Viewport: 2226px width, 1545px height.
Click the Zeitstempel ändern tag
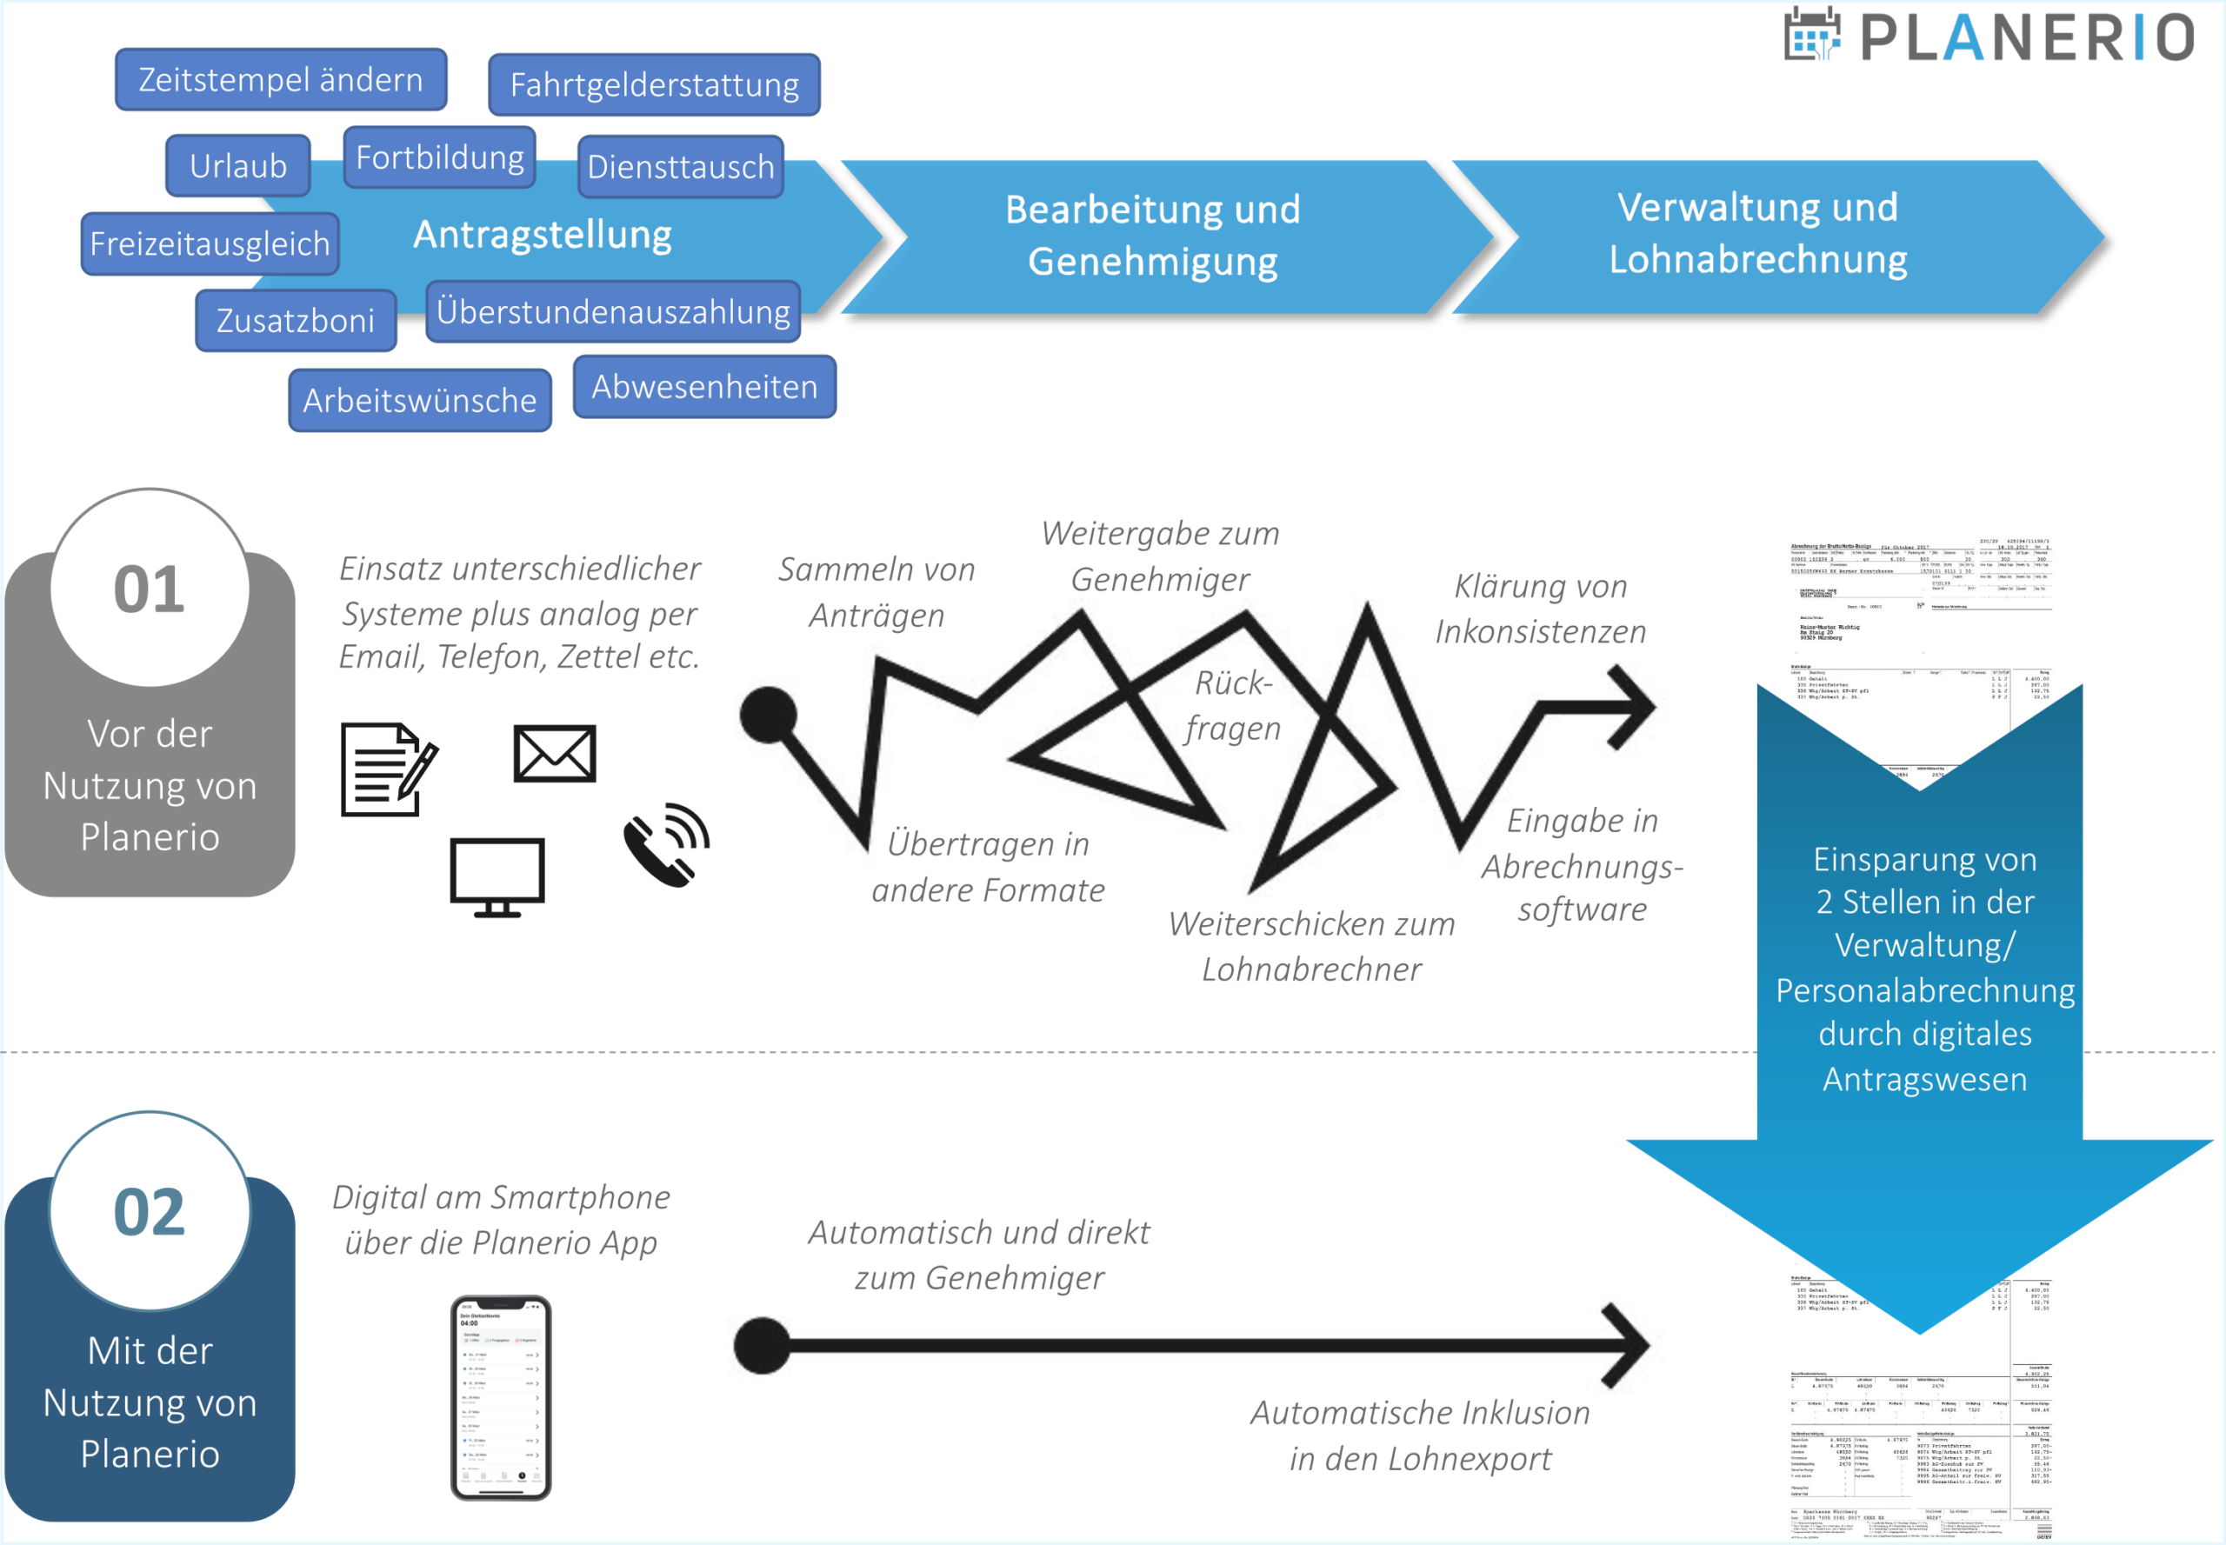[x=281, y=79]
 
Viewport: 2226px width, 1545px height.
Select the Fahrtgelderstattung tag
[x=655, y=85]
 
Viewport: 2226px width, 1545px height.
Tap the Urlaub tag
[x=238, y=165]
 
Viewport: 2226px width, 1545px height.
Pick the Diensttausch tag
[x=681, y=167]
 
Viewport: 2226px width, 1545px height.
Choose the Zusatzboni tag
[x=296, y=321]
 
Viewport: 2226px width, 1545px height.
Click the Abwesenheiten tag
[x=705, y=387]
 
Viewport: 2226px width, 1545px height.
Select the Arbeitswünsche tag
[x=420, y=400]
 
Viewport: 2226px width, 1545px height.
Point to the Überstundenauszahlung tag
[x=613, y=312]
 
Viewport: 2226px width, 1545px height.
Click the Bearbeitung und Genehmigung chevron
[x=1152, y=236]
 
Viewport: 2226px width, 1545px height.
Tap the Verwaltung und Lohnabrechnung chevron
[x=1757, y=234]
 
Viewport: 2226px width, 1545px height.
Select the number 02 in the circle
[x=149, y=1212]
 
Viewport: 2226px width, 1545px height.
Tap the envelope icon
[x=555, y=753]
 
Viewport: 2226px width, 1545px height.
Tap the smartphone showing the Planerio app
[x=501, y=1398]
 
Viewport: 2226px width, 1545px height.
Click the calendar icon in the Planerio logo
[x=1810, y=35]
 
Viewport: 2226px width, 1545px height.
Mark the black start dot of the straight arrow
[x=762, y=1345]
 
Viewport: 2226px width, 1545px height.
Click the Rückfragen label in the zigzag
[x=1233, y=705]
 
